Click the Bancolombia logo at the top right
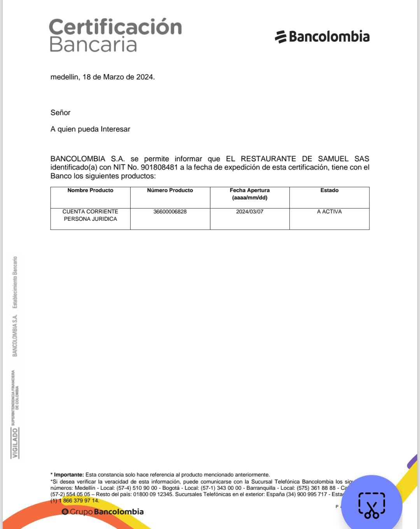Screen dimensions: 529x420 322,37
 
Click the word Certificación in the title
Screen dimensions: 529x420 115,27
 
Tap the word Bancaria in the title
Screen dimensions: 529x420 93,45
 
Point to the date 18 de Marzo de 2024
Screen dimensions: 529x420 118,77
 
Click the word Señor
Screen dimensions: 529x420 60,113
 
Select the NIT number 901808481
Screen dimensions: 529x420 159,168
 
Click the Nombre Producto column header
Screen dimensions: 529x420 90,190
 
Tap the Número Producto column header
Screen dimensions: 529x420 170,190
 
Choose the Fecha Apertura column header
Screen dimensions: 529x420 250,194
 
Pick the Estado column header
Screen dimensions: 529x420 329,190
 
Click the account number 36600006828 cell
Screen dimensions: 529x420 170,212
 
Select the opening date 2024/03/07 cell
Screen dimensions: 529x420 250,212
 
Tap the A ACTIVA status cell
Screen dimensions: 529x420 329,212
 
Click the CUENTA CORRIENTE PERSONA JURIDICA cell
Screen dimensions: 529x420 90,215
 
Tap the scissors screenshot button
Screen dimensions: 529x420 372,505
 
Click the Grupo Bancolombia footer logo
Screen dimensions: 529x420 103,512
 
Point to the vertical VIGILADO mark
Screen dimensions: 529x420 15,443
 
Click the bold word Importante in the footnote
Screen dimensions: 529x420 68,475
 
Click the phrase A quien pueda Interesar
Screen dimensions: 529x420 90,129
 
